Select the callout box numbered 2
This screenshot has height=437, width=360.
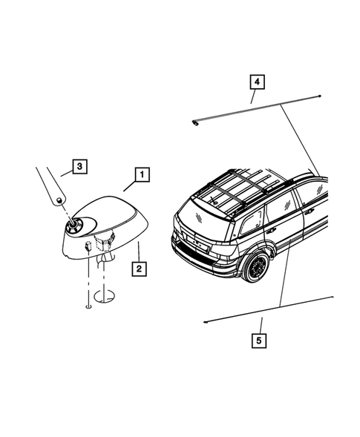138,267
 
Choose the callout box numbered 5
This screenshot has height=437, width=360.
261,342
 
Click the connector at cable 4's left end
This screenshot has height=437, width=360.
195,122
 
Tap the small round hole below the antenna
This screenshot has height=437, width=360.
88,303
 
